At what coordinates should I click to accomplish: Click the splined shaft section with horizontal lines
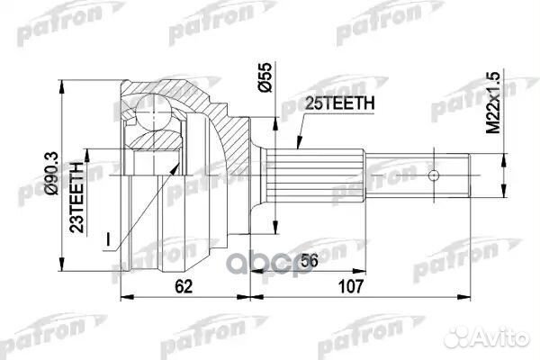(314, 175)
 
